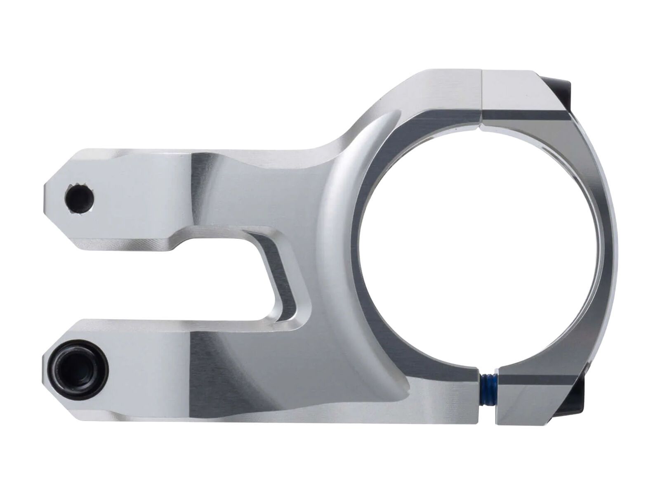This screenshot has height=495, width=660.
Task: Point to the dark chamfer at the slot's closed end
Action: [285, 285]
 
